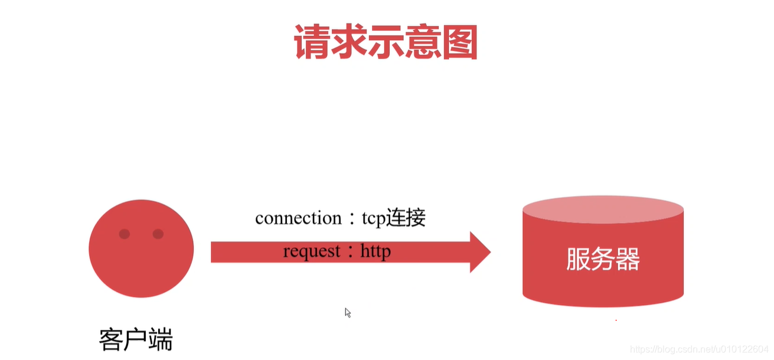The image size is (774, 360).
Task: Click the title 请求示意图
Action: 386,42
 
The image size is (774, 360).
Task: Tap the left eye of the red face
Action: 124,234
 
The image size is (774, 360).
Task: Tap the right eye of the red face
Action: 158,234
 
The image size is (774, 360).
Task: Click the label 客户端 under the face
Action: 135,341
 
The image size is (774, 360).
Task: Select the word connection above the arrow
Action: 298,218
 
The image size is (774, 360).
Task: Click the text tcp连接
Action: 394,218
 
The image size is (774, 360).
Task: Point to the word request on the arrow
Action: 312,252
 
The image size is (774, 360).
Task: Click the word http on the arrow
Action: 375,252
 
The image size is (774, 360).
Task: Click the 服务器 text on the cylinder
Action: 603,259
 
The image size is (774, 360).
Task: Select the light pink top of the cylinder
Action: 603,210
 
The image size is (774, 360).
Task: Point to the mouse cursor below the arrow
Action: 348,312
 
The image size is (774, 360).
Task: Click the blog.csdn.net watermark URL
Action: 699,349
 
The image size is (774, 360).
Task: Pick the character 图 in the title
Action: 459,42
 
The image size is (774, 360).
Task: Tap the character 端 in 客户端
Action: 161,341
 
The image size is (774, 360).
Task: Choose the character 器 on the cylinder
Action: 628,259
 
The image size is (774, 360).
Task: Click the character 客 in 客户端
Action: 110,341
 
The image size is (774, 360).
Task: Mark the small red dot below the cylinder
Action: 616,320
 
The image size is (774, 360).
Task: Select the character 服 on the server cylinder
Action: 578,259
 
